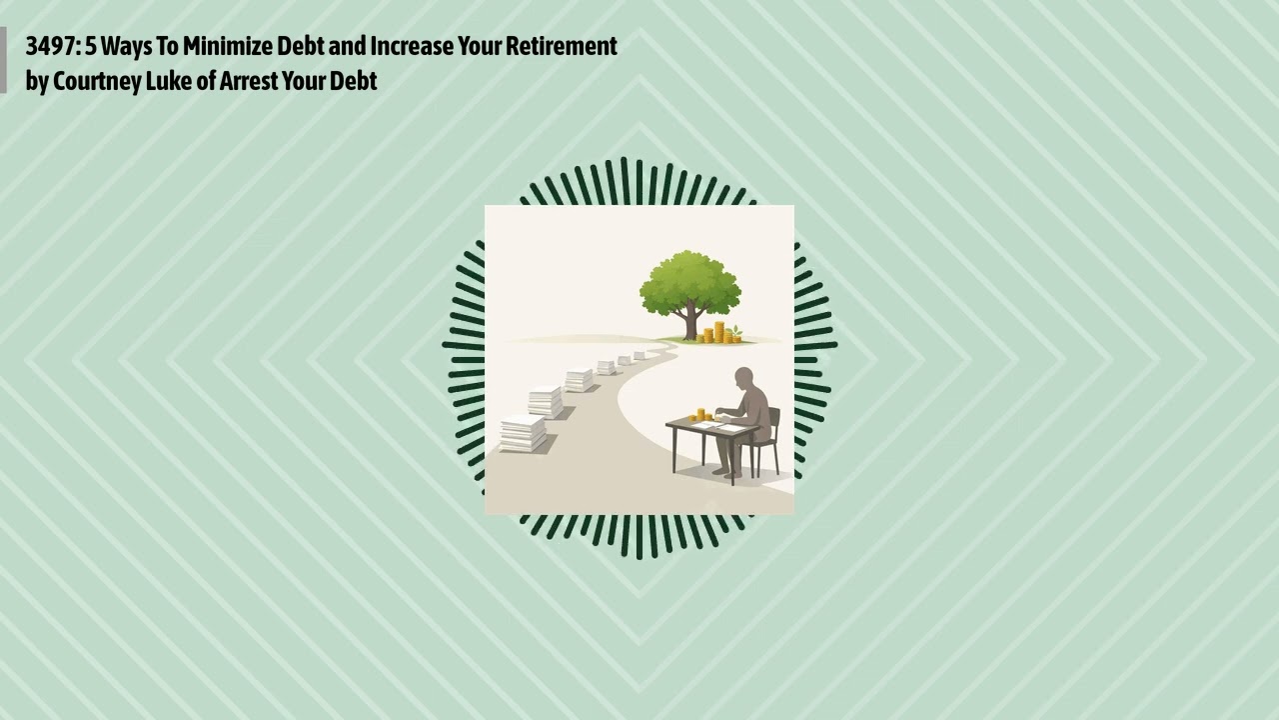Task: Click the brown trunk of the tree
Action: pyautogui.click(x=690, y=322)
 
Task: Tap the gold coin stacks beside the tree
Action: pyautogui.click(x=717, y=333)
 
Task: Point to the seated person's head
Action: pyautogui.click(x=744, y=380)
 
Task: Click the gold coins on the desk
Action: pyautogui.click(x=702, y=414)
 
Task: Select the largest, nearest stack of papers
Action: pyautogui.click(x=523, y=433)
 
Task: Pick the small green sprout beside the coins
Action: pyautogui.click(x=737, y=331)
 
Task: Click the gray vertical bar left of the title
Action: pyautogui.click(x=3, y=60)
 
